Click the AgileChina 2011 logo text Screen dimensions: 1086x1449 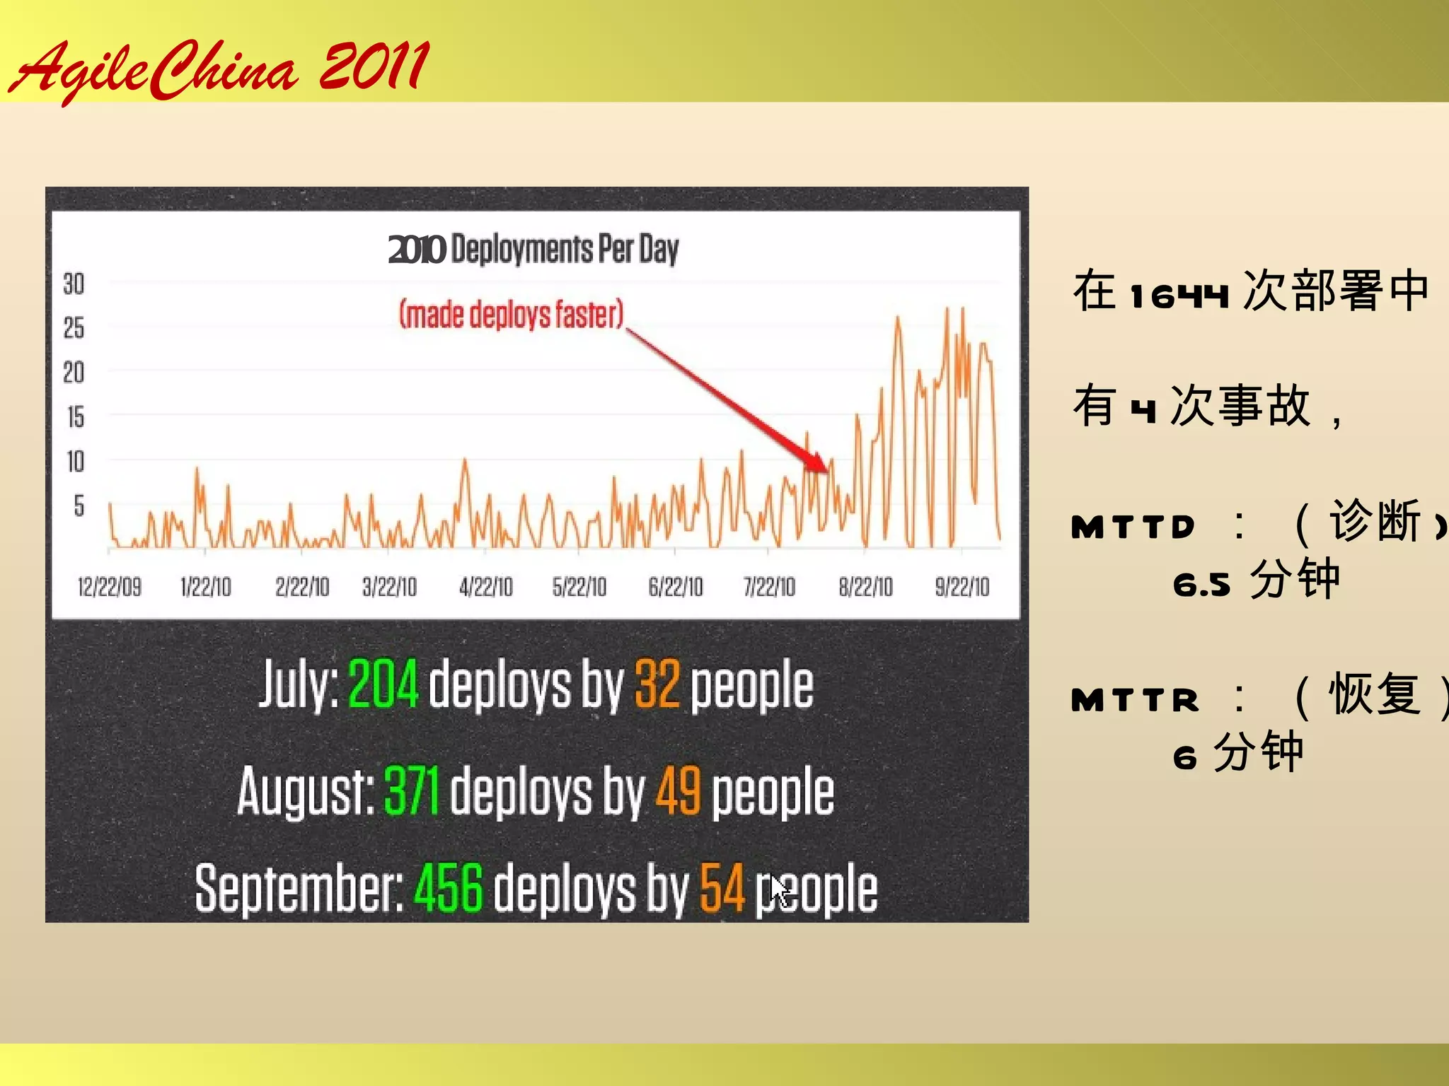point(219,69)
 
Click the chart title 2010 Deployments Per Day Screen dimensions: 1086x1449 point(533,249)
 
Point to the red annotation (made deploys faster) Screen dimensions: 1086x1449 point(512,315)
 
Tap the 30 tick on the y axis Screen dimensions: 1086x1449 point(74,284)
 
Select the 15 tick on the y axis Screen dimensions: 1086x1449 point(75,417)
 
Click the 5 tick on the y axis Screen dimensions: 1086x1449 point(79,506)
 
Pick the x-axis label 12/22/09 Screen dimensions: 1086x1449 point(109,587)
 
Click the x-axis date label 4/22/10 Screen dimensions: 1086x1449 point(485,587)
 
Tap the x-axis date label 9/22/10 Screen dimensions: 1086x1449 point(962,587)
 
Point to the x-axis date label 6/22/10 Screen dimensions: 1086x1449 point(675,587)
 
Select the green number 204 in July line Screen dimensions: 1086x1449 point(383,684)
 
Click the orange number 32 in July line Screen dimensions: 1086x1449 point(657,684)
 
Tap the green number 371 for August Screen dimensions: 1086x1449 point(412,791)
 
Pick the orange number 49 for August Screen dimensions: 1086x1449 point(679,791)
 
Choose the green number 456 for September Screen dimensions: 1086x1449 point(449,888)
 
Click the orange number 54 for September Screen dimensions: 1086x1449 point(722,888)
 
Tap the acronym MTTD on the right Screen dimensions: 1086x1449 point(1133,527)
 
